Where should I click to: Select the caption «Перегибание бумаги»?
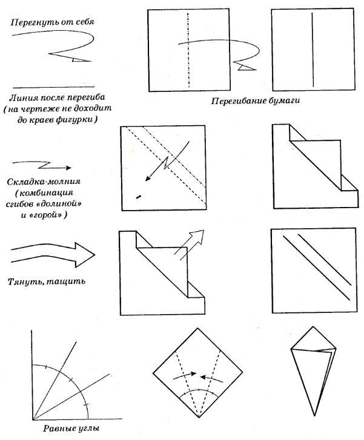tap(256, 100)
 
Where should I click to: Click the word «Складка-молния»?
tap(44, 182)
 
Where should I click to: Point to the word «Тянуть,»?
tap(24, 281)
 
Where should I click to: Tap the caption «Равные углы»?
tap(71, 429)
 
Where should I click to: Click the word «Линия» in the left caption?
tap(23, 97)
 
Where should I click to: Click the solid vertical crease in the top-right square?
tap(313, 50)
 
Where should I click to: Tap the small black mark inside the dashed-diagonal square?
tap(138, 197)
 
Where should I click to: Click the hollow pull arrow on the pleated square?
tap(189, 245)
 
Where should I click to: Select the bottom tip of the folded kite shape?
tap(314, 416)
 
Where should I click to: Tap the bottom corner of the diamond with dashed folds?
tap(199, 418)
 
